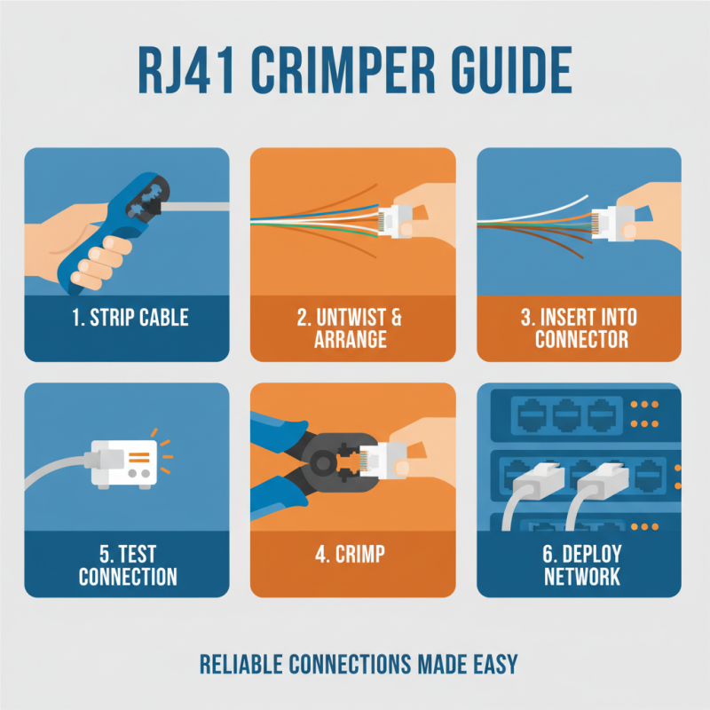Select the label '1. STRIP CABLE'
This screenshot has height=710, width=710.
(126, 318)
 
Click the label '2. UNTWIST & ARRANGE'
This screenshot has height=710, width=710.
(352, 328)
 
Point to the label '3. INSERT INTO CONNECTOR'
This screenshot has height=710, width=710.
(580, 328)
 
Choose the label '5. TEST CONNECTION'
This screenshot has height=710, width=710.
(126, 565)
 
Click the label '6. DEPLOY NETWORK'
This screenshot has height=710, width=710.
(580, 565)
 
